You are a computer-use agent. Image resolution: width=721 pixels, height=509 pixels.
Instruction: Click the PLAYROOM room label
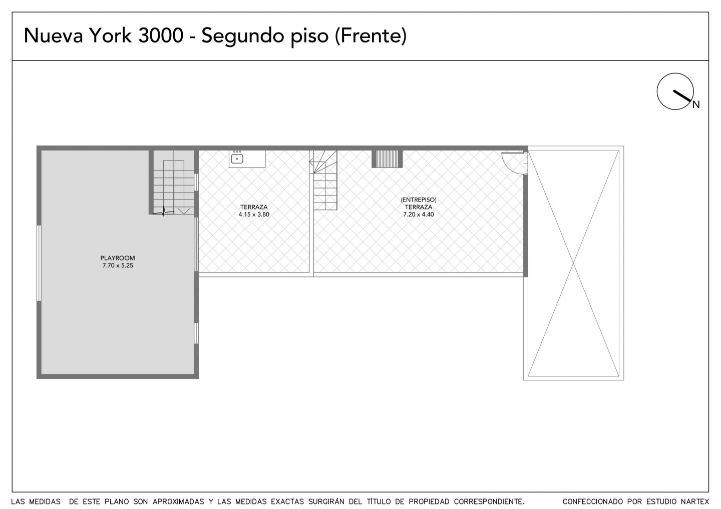click(118, 258)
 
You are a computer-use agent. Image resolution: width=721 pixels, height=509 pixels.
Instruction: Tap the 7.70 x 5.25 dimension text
click(118, 265)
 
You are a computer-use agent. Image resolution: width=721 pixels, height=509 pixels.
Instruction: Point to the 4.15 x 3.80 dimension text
click(254, 214)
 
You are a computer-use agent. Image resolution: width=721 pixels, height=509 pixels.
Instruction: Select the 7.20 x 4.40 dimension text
click(419, 214)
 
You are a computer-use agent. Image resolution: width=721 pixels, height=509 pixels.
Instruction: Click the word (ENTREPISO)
click(419, 200)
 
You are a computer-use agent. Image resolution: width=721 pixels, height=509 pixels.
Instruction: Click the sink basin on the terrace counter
click(237, 158)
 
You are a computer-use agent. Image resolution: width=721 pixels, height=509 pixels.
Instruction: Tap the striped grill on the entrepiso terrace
click(387, 158)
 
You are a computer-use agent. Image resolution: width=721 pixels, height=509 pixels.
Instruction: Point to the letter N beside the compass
click(696, 105)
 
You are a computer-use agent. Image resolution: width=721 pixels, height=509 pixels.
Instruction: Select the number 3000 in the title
click(161, 35)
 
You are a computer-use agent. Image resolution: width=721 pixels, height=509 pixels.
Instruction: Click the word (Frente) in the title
click(371, 35)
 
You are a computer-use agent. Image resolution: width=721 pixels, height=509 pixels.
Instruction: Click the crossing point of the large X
click(574, 263)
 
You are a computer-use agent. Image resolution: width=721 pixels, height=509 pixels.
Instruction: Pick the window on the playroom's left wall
click(39, 263)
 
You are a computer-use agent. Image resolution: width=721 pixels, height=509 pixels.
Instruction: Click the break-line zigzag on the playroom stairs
click(163, 211)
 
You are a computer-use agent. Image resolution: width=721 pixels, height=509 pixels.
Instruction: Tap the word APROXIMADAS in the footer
click(178, 501)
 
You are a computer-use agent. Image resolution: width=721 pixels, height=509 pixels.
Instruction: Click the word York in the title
click(110, 35)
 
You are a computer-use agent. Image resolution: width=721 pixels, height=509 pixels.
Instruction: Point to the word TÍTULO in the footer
click(381, 501)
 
